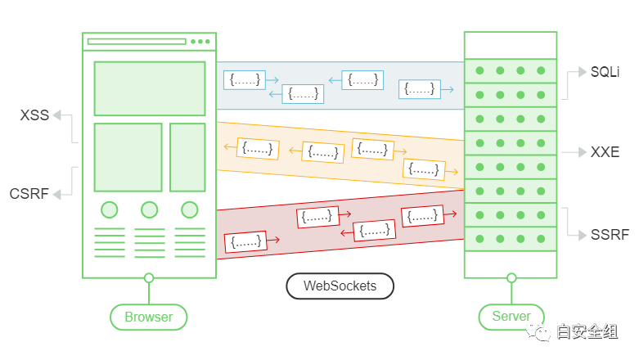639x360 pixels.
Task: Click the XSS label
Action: tap(34, 115)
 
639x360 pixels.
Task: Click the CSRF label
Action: tap(29, 194)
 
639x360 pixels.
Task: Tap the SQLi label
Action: tap(605, 72)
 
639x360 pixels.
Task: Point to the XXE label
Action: tap(605, 152)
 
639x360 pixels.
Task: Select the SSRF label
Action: tap(610, 235)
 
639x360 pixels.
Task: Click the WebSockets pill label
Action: tap(340, 286)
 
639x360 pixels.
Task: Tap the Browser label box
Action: tap(148, 317)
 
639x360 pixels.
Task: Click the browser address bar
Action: tap(137, 41)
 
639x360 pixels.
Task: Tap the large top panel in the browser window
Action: tap(149, 88)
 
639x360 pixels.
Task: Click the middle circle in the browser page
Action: tap(149, 209)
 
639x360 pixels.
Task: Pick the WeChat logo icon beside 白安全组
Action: tap(538, 330)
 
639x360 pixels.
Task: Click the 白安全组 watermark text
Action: tap(587, 331)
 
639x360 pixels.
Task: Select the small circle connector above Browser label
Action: tap(149, 278)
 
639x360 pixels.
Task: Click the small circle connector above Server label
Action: tap(511, 278)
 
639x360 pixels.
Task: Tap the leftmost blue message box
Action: tap(245, 80)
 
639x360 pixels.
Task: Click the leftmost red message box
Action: tap(245, 242)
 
